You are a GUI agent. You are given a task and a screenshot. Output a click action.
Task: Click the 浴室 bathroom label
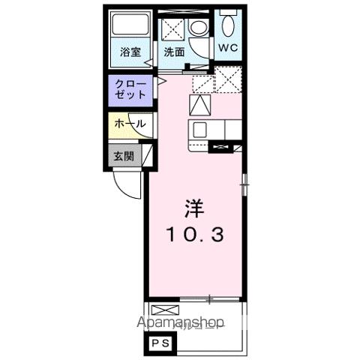[x=130, y=52]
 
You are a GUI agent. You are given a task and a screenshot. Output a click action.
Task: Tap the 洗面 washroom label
[x=174, y=52]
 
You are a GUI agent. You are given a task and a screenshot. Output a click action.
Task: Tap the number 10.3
[x=194, y=235]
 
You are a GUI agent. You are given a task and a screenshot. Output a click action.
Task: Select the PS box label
[x=161, y=343]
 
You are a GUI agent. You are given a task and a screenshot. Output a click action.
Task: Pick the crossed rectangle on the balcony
[x=164, y=310]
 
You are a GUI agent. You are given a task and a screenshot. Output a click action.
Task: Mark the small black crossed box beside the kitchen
[x=220, y=147]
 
